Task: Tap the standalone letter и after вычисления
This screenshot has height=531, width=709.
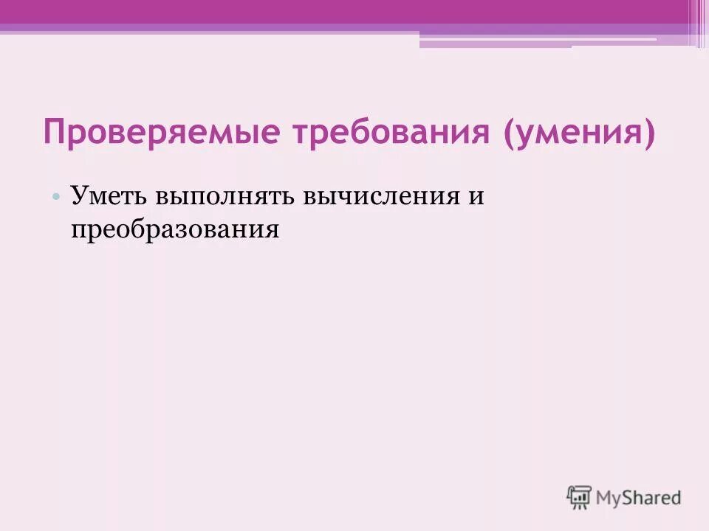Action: (x=476, y=198)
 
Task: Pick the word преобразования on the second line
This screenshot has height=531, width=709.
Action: (x=175, y=229)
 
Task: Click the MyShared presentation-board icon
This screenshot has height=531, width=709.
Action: (x=579, y=497)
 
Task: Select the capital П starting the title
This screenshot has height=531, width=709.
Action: (x=53, y=133)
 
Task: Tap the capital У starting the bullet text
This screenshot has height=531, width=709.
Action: (x=78, y=197)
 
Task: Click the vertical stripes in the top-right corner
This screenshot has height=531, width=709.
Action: (x=697, y=22)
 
